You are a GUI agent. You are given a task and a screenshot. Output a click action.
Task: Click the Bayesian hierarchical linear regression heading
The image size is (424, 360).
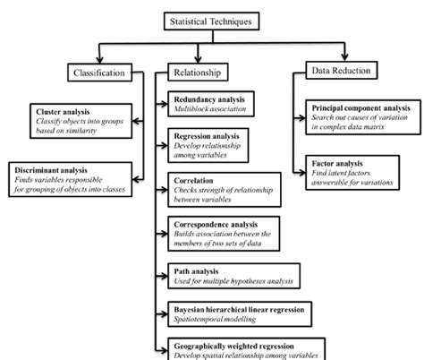point(239,308)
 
